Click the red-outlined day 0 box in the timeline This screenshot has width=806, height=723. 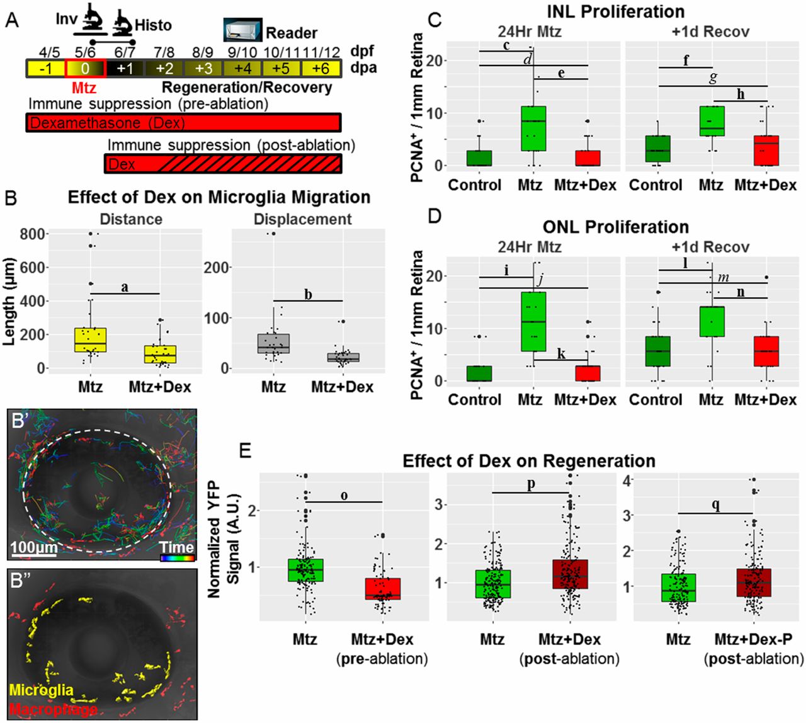(85, 68)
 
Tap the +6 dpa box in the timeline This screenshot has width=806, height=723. (321, 68)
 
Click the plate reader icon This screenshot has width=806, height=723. (242, 30)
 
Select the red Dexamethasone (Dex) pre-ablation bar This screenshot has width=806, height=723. (183, 123)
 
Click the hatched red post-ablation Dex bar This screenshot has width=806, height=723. (223, 164)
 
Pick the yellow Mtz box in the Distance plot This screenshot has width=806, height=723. (90, 339)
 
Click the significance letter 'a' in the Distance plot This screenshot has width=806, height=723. (125, 287)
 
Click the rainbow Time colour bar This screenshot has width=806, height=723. (177, 557)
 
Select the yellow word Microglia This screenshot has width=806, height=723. (42, 690)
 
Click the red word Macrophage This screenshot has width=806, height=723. (54, 710)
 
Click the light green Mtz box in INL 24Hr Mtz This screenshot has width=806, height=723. (534, 128)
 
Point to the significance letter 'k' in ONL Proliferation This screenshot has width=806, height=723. (561, 353)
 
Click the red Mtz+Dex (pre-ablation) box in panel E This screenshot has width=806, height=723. (382, 588)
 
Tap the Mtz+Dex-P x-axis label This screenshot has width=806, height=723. (753, 640)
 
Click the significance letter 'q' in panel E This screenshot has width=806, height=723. (716, 505)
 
